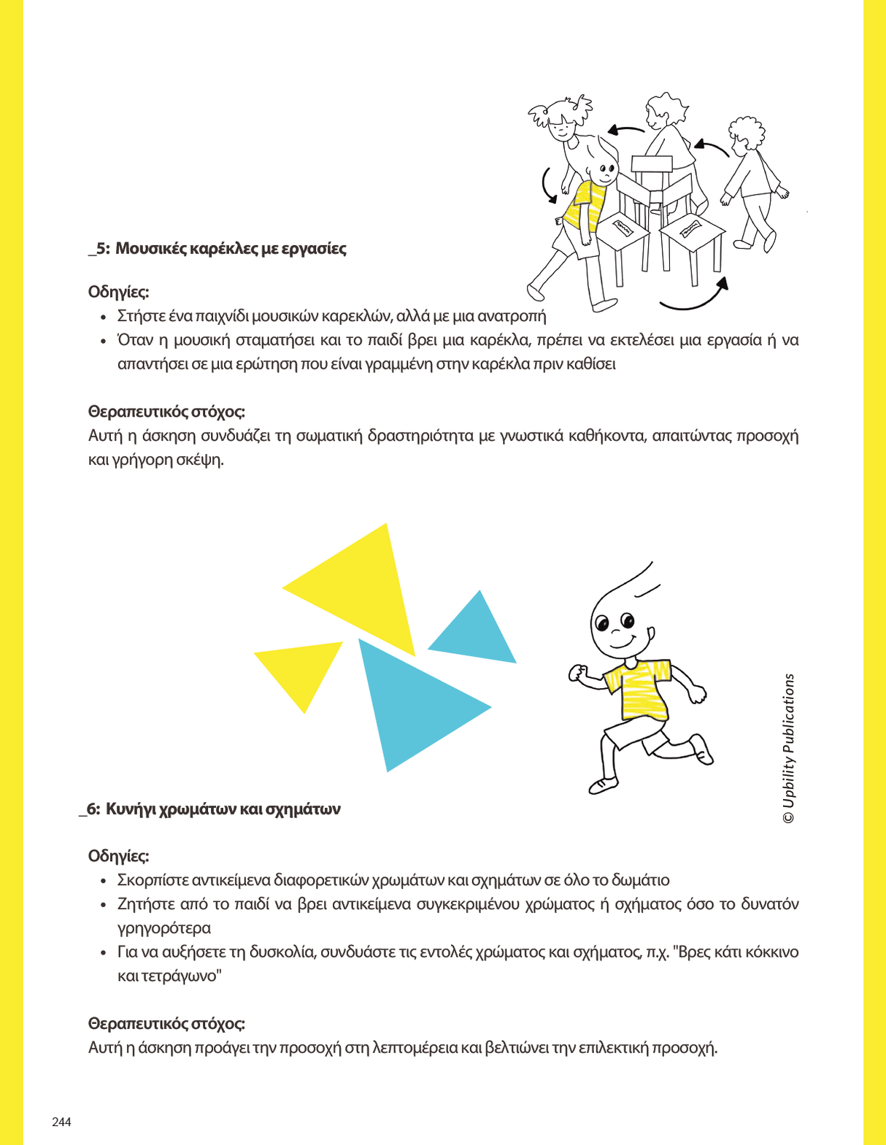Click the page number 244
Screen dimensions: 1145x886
pyautogui.click(x=61, y=1122)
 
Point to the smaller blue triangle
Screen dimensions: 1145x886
pyautogui.click(x=476, y=632)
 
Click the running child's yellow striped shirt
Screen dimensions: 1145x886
pyautogui.click(x=639, y=690)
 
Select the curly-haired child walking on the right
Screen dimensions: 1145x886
pyautogui.click(x=752, y=182)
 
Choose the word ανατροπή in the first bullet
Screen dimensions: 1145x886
pyautogui.click(x=511, y=317)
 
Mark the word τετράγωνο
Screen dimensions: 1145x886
pyautogui.click(x=167, y=976)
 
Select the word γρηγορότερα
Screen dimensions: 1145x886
pyautogui.click(x=164, y=929)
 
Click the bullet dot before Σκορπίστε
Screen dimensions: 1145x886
pyautogui.click(x=104, y=882)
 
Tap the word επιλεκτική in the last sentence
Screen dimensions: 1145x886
pyautogui.click(x=612, y=1049)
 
